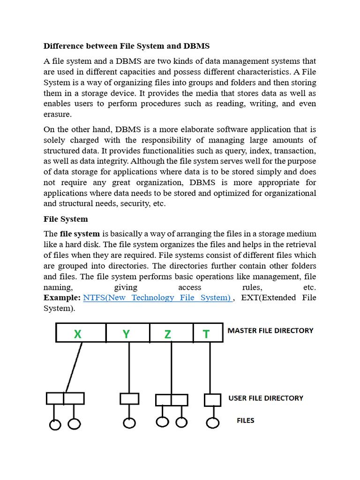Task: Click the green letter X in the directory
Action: [x=78, y=334]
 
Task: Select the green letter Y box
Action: [x=126, y=334]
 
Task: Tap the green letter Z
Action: [x=168, y=334]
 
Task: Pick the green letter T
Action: [x=206, y=334]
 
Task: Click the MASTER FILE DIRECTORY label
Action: [x=270, y=330]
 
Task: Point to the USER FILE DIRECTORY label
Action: [x=266, y=398]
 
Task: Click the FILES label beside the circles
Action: [x=246, y=420]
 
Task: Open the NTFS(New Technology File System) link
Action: [x=157, y=298]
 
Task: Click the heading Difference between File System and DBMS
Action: [x=127, y=46]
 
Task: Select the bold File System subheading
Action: [x=66, y=219]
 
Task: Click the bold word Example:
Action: [x=62, y=298]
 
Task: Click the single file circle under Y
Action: [x=129, y=423]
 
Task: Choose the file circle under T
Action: [x=213, y=423]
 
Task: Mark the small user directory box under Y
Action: [x=129, y=398]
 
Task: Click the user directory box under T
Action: [x=213, y=400]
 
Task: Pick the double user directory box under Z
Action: [x=172, y=400]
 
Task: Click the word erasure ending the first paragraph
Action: [x=58, y=114]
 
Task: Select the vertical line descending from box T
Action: [x=210, y=368]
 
